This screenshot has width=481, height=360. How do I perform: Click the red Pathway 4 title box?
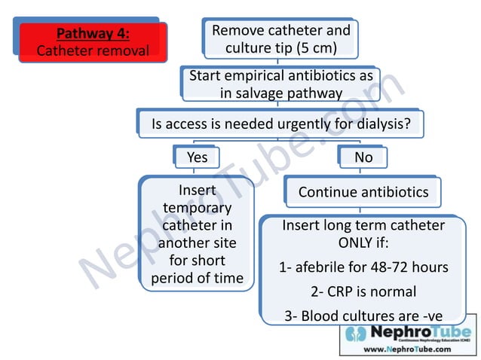(x=93, y=42)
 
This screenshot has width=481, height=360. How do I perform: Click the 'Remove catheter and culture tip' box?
(x=280, y=40)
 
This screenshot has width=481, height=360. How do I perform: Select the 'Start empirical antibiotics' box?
(x=280, y=84)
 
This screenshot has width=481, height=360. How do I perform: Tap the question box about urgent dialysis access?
(x=280, y=124)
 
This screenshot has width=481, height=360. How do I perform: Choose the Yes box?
(x=197, y=157)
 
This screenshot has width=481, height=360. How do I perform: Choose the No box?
(x=363, y=157)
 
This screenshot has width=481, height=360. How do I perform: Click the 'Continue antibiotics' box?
(x=363, y=192)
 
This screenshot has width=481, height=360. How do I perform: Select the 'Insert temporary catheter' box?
(x=197, y=234)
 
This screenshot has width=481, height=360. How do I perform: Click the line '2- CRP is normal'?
(x=363, y=291)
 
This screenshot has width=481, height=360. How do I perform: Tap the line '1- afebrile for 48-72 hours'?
(x=363, y=267)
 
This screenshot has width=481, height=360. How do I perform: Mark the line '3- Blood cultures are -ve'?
(x=363, y=316)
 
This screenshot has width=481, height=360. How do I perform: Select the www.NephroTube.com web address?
(x=407, y=349)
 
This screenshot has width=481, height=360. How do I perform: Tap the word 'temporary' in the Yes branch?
(x=197, y=208)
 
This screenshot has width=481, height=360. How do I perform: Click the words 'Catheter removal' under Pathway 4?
(x=93, y=51)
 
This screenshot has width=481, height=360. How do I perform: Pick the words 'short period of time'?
(x=197, y=270)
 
